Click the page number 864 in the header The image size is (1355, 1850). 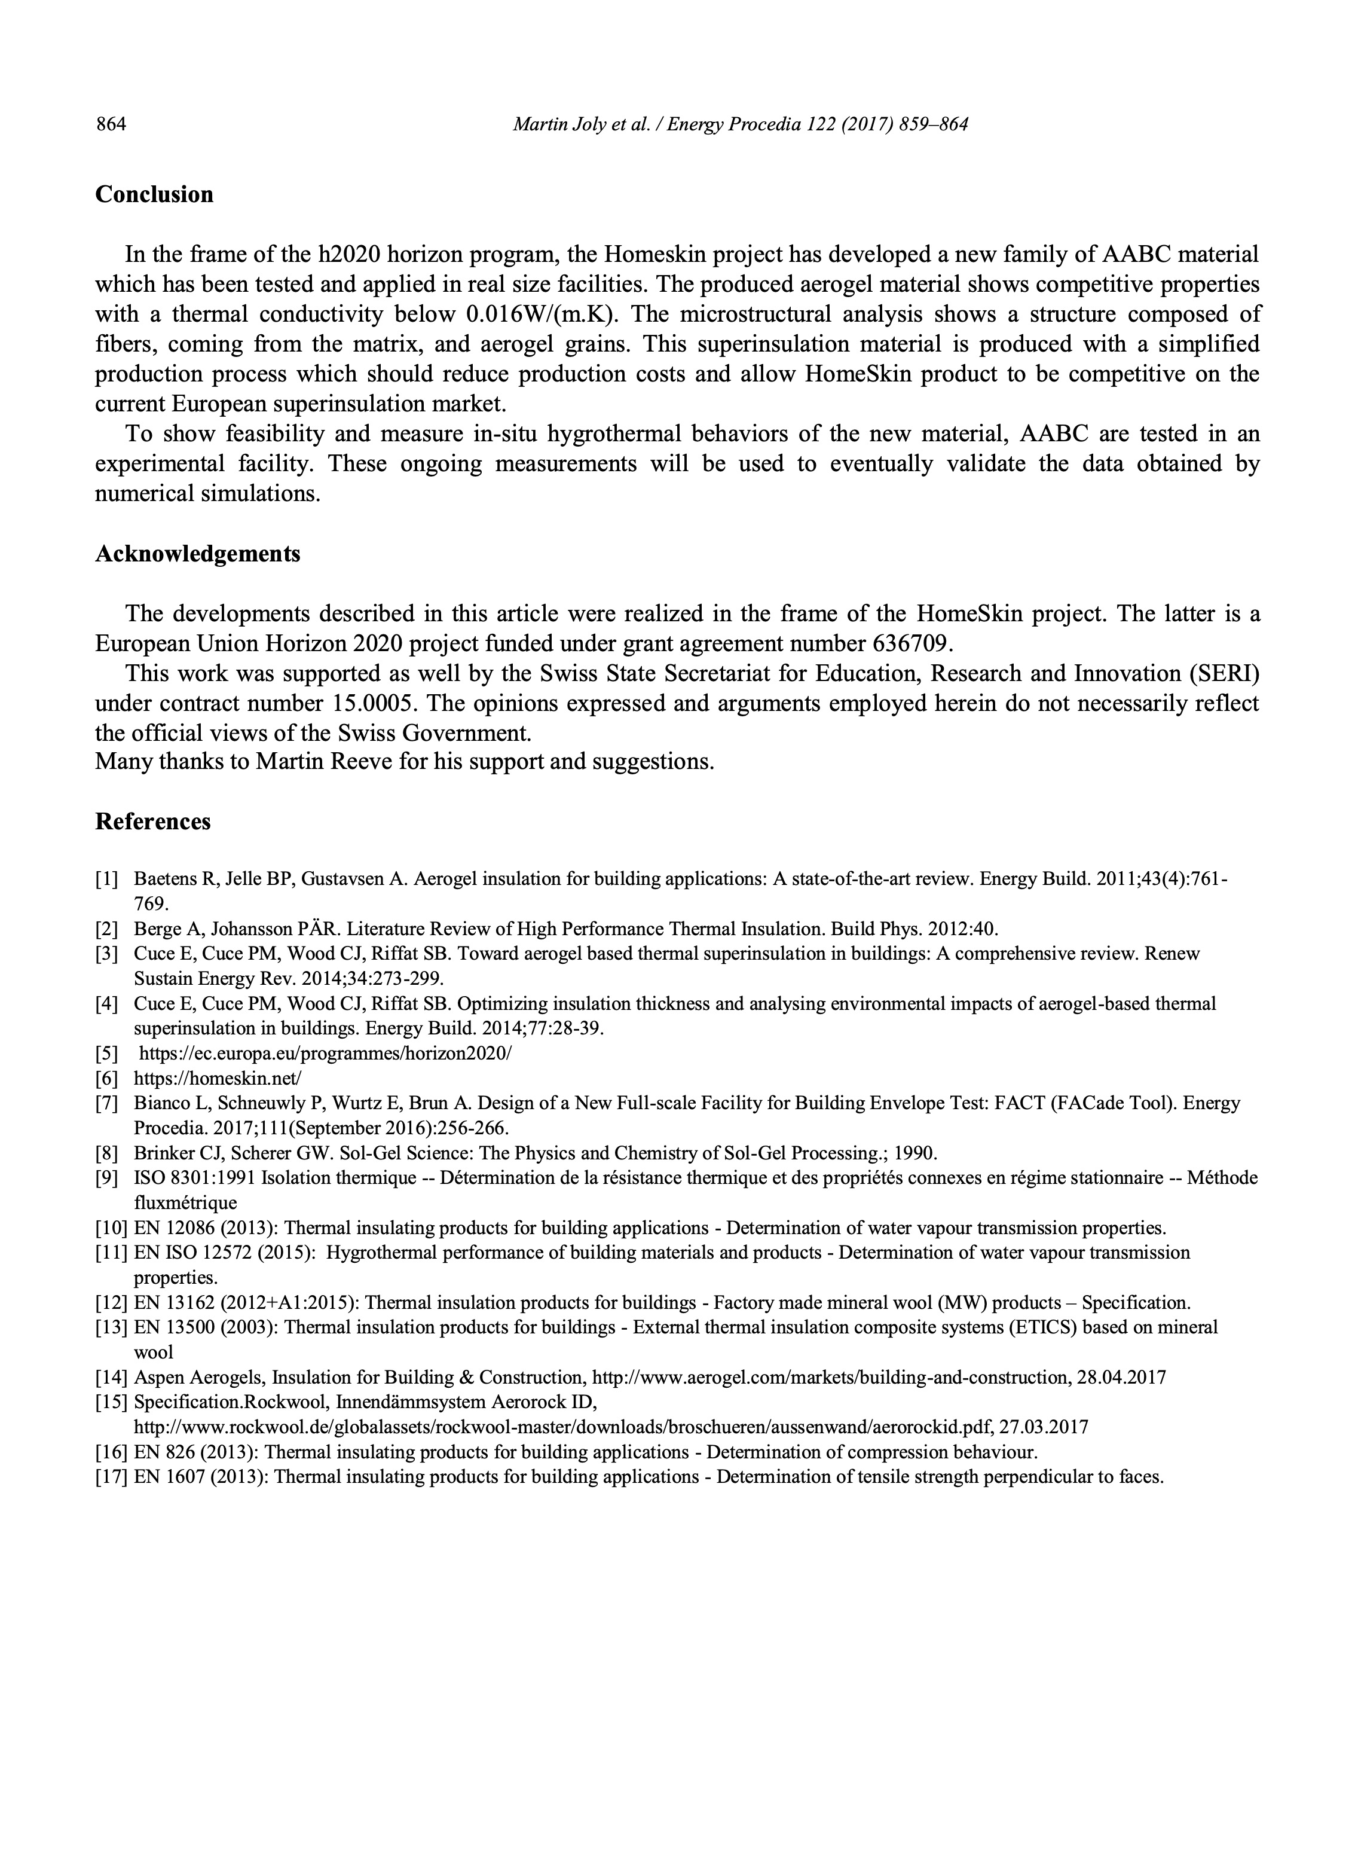tap(112, 125)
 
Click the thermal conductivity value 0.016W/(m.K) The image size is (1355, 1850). tap(540, 314)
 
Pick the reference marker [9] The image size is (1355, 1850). tap(106, 1178)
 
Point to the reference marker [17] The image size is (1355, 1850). tap(111, 1477)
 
